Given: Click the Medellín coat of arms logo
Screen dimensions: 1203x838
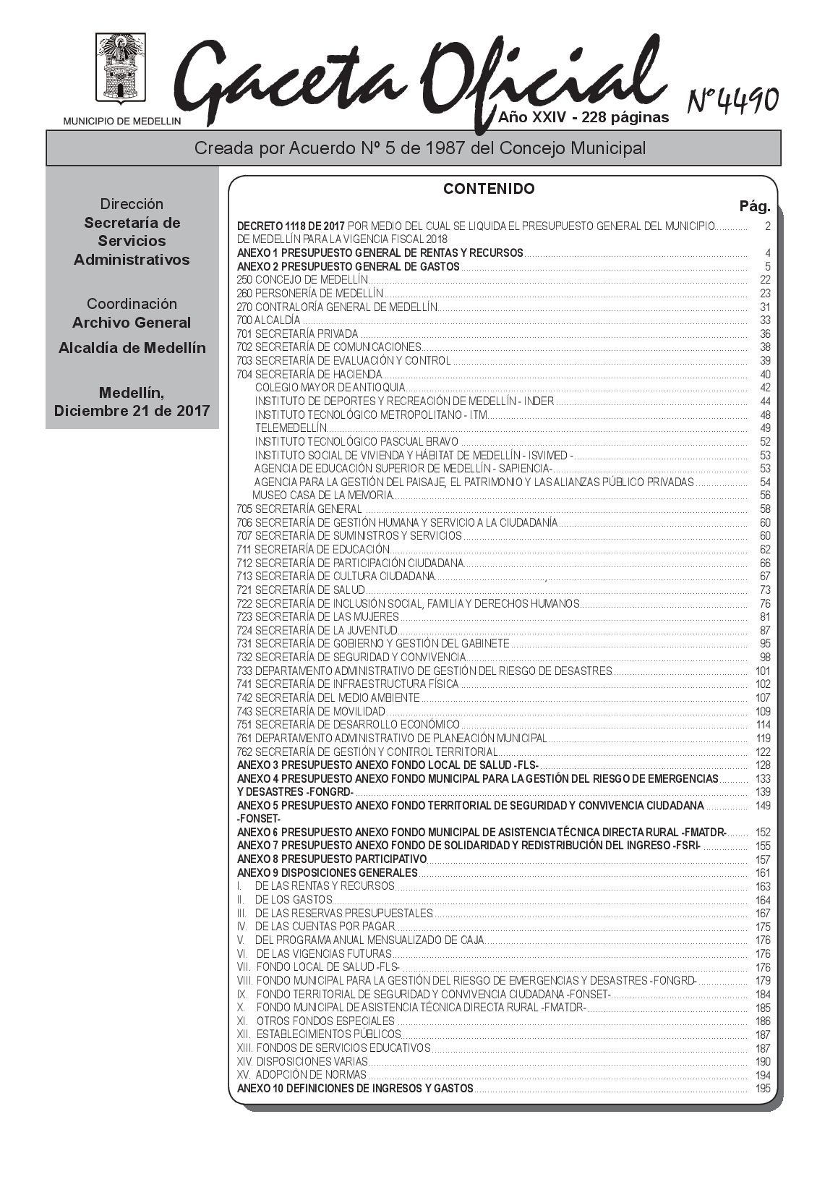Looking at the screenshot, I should (x=121, y=70).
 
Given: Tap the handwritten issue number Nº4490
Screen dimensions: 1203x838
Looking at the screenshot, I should (x=732, y=100).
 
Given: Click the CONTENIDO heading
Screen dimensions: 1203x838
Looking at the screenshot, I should (x=489, y=189).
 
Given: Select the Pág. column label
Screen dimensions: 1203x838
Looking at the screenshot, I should (x=754, y=207).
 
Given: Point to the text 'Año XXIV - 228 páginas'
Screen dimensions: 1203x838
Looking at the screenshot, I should (x=583, y=117).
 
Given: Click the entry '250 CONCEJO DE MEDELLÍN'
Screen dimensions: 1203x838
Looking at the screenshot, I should (x=302, y=280).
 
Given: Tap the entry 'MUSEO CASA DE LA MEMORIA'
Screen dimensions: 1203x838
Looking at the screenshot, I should (x=322, y=496).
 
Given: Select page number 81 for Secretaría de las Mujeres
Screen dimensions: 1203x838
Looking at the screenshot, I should (x=765, y=617).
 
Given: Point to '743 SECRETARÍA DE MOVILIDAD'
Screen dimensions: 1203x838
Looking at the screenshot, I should (x=311, y=711).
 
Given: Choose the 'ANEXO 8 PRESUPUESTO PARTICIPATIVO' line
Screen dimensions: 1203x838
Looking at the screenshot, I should (x=332, y=859).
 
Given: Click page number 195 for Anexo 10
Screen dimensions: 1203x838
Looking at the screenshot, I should (x=763, y=1089).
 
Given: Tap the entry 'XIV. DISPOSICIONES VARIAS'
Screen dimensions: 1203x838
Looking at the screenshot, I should (x=303, y=1061).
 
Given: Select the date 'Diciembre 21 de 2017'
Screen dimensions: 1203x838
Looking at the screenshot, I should (x=132, y=411).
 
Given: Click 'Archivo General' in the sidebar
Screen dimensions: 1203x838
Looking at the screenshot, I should (x=132, y=323).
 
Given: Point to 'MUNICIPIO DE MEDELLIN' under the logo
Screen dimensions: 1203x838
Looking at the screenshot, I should (x=122, y=122).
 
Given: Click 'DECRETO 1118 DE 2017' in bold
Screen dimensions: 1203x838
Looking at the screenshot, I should (x=291, y=226).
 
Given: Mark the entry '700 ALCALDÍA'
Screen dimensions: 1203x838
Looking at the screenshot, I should (x=268, y=320).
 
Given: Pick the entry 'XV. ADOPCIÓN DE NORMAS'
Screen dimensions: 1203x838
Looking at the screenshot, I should (x=302, y=1075).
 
